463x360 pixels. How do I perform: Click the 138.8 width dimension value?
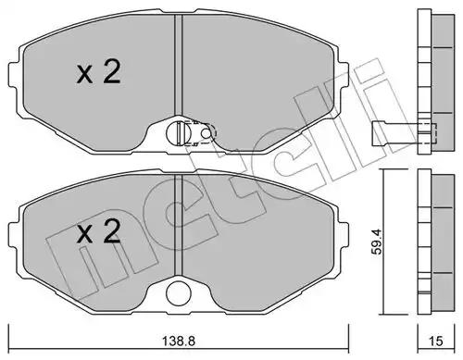[x=179, y=341]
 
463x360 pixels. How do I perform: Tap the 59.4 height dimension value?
[x=377, y=242]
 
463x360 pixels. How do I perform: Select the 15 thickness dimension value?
[x=436, y=341]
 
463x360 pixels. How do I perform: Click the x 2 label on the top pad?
[x=98, y=72]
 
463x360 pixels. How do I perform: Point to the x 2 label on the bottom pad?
[x=98, y=231]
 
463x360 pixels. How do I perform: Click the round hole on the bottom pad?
[x=179, y=293]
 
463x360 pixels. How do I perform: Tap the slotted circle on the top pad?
[x=179, y=133]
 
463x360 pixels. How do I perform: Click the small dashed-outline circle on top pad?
[x=206, y=133]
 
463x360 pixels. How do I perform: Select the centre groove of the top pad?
[x=179, y=66]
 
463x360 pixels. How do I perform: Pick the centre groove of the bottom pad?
[x=179, y=226]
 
